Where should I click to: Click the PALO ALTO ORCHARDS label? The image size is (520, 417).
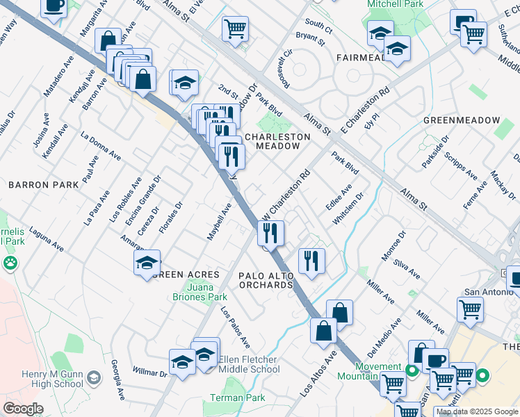tap(266, 280)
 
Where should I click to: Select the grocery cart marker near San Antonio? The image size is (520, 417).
tap(471, 310)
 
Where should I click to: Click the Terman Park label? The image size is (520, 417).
tap(246, 398)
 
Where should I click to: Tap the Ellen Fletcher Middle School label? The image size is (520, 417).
tap(249, 364)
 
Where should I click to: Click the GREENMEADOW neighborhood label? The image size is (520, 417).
tap(461, 120)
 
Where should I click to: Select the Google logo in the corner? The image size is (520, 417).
tap(23, 409)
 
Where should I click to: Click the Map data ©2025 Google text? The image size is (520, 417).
tap(476, 411)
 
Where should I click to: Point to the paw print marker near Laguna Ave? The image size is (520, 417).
tap(10, 263)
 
